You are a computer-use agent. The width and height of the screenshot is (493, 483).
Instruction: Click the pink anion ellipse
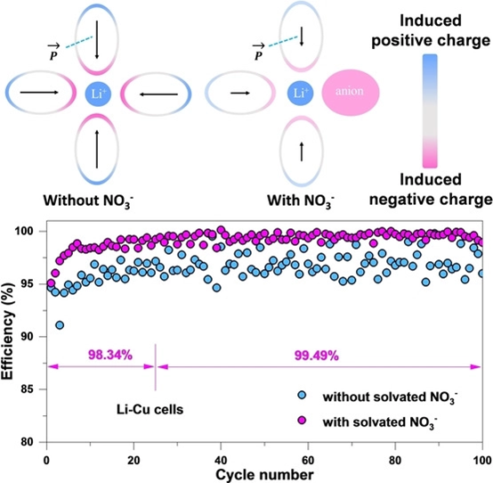tap(351, 93)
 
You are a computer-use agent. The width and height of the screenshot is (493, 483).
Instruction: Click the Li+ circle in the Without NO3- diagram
tap(98, 94)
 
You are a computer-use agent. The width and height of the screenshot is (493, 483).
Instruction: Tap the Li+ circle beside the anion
tap(301, 93)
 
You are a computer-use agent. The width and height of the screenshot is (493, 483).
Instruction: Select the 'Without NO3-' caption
tap(89, 201)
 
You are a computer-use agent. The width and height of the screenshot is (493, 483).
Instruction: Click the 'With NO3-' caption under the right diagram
tap(301, 201)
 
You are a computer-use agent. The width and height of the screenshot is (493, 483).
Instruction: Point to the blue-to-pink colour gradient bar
tap(430, 111)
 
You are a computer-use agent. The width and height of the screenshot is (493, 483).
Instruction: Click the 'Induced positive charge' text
tap(431, 31)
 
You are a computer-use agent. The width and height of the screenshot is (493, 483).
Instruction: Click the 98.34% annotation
tap(110, 355)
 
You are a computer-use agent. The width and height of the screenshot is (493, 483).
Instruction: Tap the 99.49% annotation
tap(316, 356)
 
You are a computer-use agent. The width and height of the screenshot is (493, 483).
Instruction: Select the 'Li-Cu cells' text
tap(150, 410)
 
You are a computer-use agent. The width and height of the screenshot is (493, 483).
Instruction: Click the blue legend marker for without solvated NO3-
tap(302, 395)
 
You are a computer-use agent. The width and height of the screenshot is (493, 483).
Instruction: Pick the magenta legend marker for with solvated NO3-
tap(302, 420)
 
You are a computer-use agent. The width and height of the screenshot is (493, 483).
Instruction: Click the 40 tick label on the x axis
tap(221, 461)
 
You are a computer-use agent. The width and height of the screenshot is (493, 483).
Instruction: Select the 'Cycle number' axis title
tap(264, 475)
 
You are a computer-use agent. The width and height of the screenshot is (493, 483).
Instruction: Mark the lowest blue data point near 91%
tap(60, 325)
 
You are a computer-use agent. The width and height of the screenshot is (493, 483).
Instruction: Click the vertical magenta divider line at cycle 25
tap(156, 367)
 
